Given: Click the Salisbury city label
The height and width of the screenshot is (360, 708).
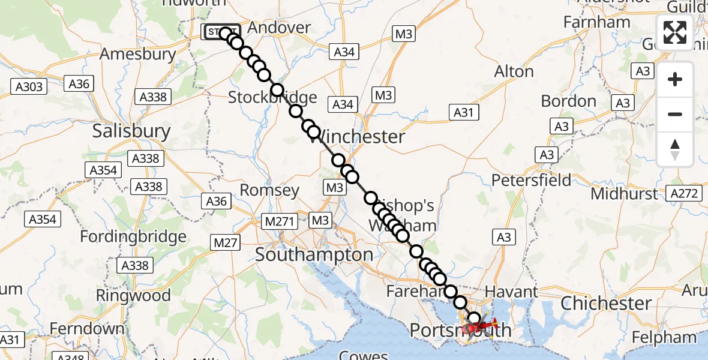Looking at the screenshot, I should click(x=131, y=131).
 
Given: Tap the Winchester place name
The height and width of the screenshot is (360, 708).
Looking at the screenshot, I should click(x=357, y=137).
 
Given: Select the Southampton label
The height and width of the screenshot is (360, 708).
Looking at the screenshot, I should click(x=314, y=254).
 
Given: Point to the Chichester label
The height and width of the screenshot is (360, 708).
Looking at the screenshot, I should click(x=605, y=303).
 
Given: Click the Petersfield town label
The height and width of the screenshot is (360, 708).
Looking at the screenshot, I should click(x=531, y=180).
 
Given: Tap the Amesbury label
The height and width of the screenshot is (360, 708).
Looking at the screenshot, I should click(x=138, y=54).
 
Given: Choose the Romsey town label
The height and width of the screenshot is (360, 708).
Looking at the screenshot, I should click(x=269, y=191).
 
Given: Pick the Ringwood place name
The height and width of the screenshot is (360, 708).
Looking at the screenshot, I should click(x=133, y=295).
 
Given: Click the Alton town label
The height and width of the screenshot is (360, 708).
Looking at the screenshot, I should click(x=514, y=71).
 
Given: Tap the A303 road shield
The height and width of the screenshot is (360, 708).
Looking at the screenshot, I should click(x=29, y=87).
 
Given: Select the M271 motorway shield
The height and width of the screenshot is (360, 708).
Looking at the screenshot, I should click(x=280, y=221).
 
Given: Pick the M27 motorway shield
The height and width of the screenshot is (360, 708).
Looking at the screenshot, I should click(x=225, y=242).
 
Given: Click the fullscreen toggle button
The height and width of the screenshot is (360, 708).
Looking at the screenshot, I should click(x=675, y=32).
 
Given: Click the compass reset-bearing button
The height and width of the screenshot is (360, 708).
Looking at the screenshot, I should click(x=675, y=149).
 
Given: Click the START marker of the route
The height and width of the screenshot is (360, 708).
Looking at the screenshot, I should click(x=220, y=32).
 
